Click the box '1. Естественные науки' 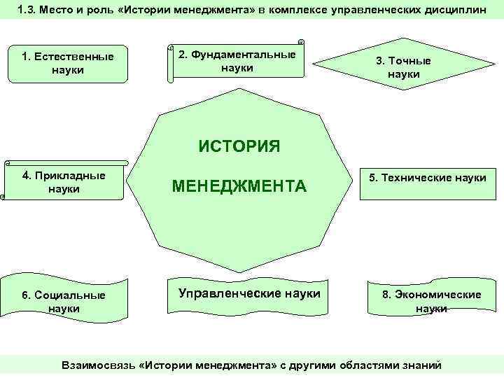point(68,64)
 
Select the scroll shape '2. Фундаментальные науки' point(237,61)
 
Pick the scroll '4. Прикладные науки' point(64,182)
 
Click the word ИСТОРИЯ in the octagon point(239,146)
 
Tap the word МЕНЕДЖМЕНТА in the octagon point(239,186)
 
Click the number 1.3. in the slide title point(29,10)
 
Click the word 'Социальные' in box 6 point(70,295)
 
